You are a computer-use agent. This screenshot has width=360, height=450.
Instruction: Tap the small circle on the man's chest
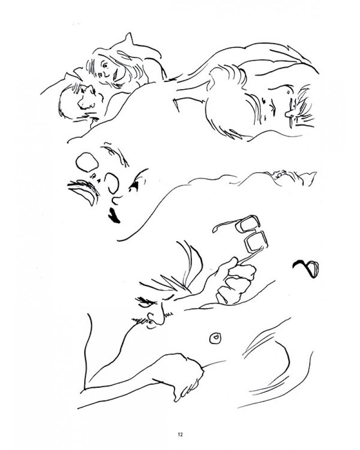[215, 338]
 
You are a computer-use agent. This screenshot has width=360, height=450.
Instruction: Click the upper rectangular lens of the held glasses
[247, 224]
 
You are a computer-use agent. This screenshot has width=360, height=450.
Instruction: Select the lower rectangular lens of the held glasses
[256, 243]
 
